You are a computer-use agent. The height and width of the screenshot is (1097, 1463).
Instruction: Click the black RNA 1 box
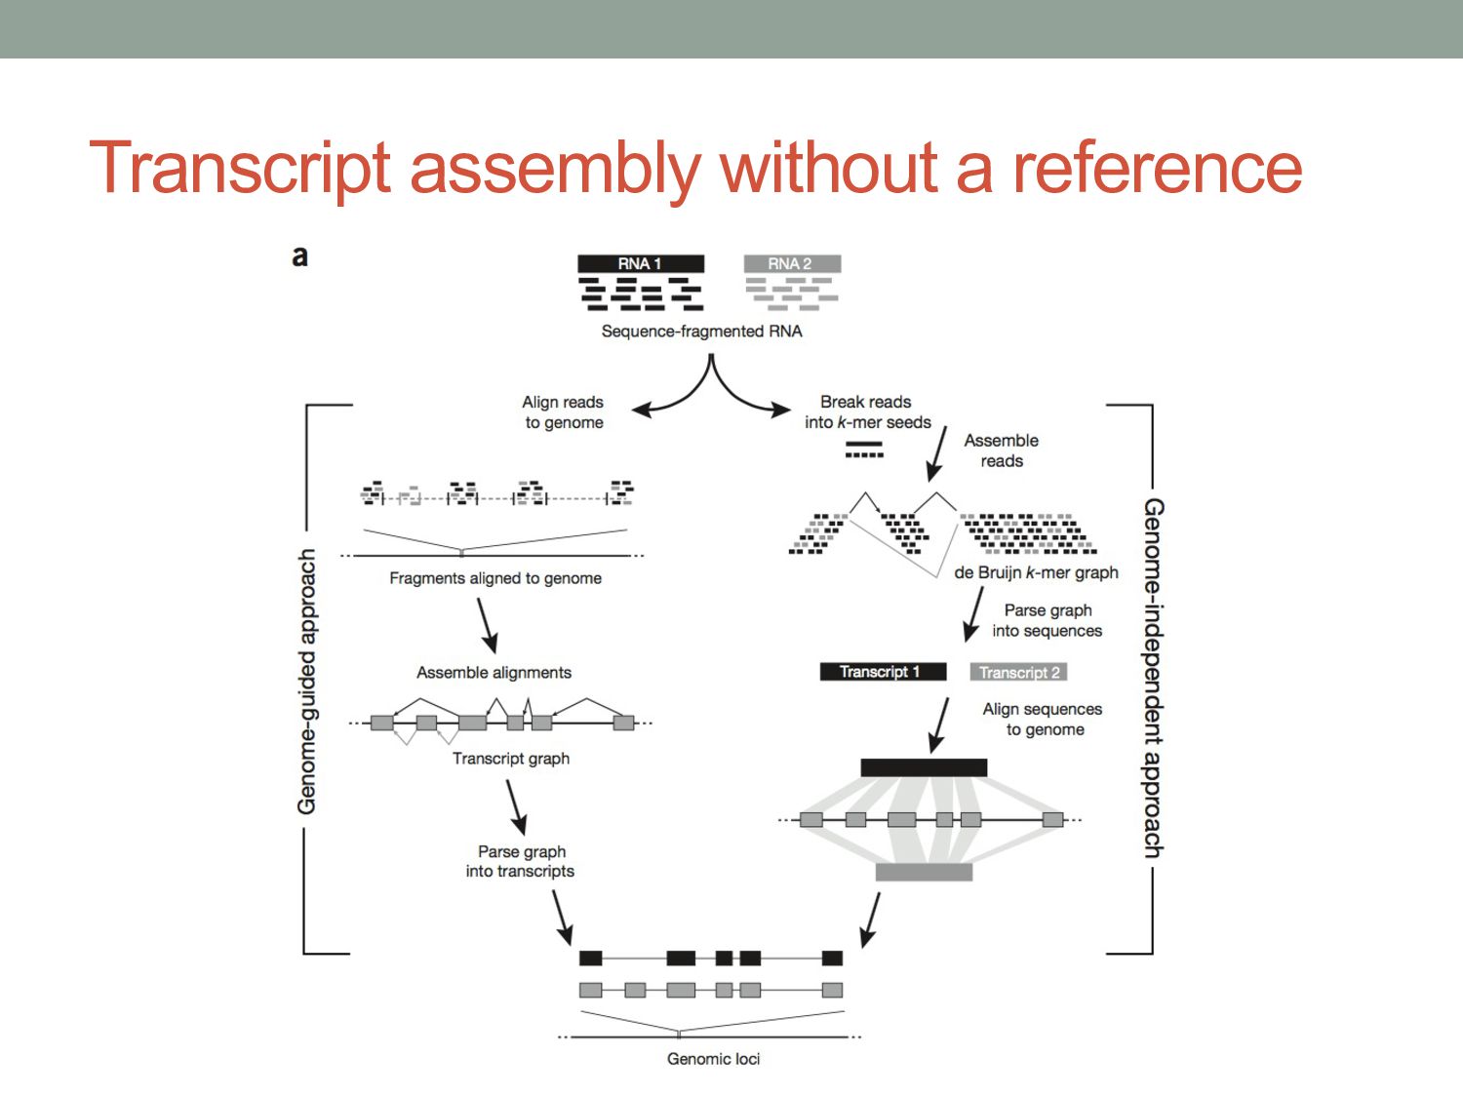click(640, 263)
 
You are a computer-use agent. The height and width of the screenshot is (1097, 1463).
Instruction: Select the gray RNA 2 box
click(791, 263)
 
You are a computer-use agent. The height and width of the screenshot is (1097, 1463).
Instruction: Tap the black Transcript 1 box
click(883, 672)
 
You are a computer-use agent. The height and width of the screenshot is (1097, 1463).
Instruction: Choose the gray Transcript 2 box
click(1018, 672)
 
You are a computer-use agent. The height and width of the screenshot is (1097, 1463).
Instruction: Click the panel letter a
click(300, 256)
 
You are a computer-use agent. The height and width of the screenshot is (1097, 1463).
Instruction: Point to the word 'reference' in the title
click(1157, 168)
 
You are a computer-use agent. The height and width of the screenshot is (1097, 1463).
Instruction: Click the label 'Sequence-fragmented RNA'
click(701, 332)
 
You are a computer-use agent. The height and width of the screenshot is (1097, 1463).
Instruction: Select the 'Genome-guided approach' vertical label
click(307, 681)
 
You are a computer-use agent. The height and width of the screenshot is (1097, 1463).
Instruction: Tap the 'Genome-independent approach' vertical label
click(1153, 678)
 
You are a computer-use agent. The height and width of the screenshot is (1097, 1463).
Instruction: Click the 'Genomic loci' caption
click(713, 1059)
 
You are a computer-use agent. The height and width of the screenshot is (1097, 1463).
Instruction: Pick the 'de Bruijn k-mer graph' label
click(1036, 572)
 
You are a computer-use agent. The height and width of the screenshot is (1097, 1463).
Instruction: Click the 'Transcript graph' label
click(511, 759)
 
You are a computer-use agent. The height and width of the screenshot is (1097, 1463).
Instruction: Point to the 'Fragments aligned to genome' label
click(495, 578)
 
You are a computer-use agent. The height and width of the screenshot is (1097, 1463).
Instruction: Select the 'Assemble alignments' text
click(494, 673)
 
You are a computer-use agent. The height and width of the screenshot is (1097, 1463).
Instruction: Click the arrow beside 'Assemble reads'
click(937, 453)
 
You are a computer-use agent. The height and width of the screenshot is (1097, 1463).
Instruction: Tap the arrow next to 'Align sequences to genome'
click(939, 725)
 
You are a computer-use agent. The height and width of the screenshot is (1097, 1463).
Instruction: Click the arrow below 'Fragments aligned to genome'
click(487, 625)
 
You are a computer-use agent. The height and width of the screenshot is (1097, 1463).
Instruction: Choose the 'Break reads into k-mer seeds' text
click(867, 412)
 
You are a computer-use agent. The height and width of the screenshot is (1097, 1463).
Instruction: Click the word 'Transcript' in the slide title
click(240, 168)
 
